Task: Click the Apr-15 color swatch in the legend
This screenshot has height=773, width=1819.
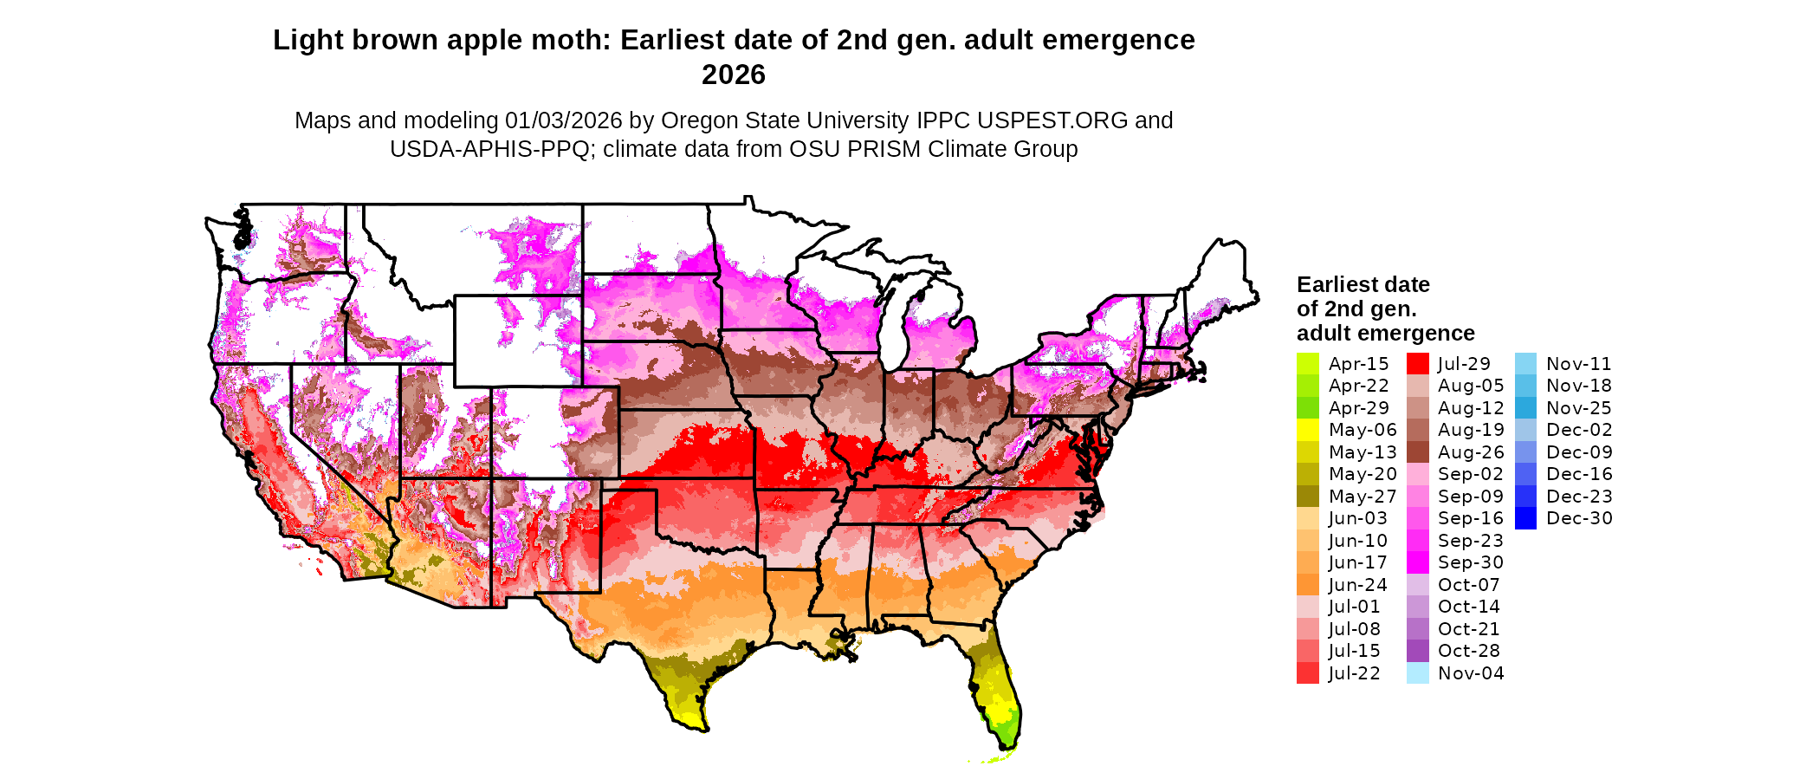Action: (1307, 364)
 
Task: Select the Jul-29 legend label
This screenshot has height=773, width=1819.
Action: (1464, 364)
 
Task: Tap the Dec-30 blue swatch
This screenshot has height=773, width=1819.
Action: (1525, 518)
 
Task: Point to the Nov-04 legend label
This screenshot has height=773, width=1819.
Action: (1471, 673)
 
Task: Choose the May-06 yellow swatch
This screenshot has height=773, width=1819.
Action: (1307, 430)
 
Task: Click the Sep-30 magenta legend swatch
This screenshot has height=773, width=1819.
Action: (1417, 562)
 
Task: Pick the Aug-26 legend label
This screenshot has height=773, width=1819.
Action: (1471, 452)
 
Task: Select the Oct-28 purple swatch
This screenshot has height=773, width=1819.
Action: (1417, 651)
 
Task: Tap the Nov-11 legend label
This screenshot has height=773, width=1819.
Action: (1579, 364)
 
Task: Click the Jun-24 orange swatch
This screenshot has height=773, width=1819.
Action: (1307, 585)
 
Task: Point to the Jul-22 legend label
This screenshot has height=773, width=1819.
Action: (1355, 673)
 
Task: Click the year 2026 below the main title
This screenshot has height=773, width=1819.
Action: (734, 75)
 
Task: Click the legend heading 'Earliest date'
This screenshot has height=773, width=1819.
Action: (1363, 285)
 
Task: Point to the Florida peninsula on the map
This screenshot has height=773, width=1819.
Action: (996, 685)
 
